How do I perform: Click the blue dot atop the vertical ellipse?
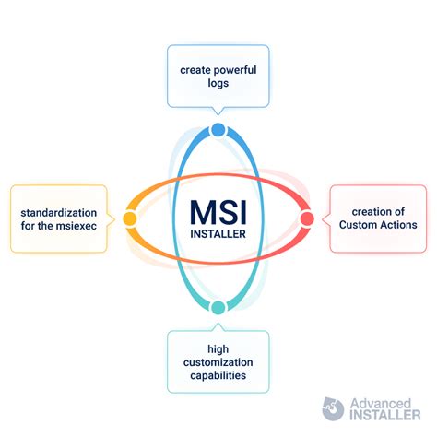coord(218,130)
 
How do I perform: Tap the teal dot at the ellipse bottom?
coord(218,307)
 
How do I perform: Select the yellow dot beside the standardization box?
coord(130,218)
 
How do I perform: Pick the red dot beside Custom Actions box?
coord(307,218)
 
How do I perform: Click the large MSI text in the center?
coord(218,212)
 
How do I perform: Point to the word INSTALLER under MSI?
coord(218,234)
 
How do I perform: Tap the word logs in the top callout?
coord(218,83)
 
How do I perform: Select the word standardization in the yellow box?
coord(59,213)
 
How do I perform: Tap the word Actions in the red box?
coord(396,225)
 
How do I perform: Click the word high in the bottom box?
coord(218,349)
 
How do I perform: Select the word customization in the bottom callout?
coord(218,362)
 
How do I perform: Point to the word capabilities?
coord(218,375)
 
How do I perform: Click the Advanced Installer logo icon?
coord(333,408)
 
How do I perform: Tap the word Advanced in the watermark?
coord(381,403)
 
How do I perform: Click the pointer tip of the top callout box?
coord(218,115)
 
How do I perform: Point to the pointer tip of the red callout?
coord(322,219)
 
